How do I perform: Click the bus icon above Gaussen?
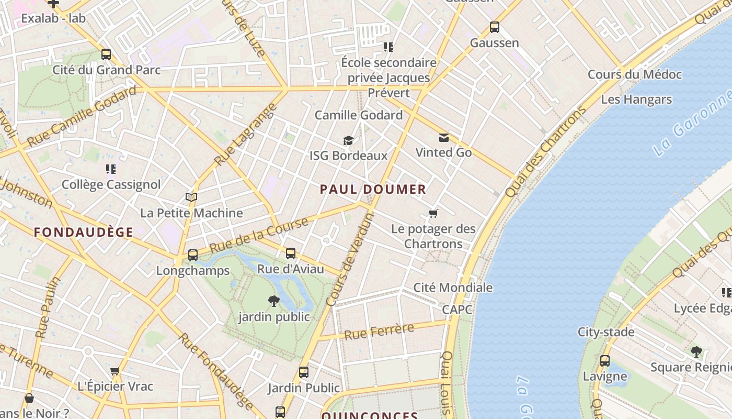coord(494,27)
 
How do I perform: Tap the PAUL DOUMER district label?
coord(373,190)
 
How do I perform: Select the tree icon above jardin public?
coord(273,301)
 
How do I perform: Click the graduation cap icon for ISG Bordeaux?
coord(348,140)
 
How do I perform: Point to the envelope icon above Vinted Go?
coord(443,138)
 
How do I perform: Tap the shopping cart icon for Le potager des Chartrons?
coord(433,213)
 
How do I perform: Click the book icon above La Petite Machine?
coord(191,197)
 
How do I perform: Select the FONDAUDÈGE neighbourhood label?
coord(84,233)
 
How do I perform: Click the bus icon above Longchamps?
coord(192,255)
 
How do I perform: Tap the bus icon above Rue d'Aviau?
coord(290,253)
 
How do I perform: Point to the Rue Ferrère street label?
coord(379,332)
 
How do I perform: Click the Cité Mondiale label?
coord(453,288)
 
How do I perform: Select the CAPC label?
coord(457,310)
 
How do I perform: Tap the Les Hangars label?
coord(636,100)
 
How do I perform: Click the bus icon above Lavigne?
coord(604,361)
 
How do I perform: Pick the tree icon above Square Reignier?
coord(695,351)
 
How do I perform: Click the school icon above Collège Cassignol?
coord(110,169)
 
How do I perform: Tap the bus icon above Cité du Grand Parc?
coord(106,54)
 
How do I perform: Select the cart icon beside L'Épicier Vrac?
coord(115,371)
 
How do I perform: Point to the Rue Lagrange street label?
coord(245,135)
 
